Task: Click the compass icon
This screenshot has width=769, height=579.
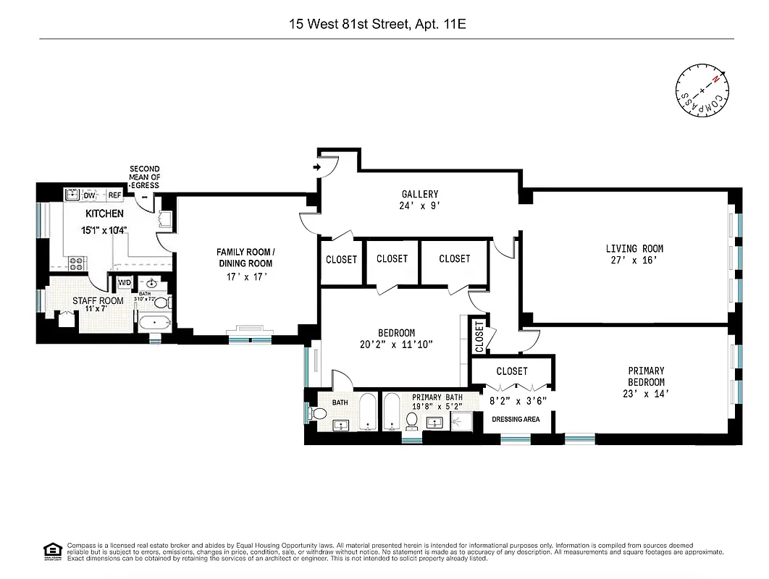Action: (702, 90)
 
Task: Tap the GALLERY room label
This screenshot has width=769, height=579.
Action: (420, 194)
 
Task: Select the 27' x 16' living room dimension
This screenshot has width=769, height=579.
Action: (634, 261)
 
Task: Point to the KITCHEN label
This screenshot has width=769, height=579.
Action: (104, 214)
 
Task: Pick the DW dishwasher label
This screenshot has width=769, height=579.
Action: (89, 195)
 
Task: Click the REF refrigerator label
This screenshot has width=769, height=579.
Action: (114, 195)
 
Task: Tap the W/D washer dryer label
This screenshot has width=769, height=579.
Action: (125, 282)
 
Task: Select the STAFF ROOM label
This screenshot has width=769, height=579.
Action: (98, 300)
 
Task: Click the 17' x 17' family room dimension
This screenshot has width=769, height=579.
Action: (245, 276)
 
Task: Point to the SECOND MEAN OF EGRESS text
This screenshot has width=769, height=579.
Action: (145, 177)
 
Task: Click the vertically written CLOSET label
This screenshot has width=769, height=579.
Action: (479, 337)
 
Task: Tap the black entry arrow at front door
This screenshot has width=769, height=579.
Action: (316, 169)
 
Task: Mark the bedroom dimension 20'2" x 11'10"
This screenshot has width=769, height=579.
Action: (395, 345)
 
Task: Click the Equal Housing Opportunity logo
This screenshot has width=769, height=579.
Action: (51, 550)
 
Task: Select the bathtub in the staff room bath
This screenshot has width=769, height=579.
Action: (154, 323)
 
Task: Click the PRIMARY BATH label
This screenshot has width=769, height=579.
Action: (437, 397)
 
